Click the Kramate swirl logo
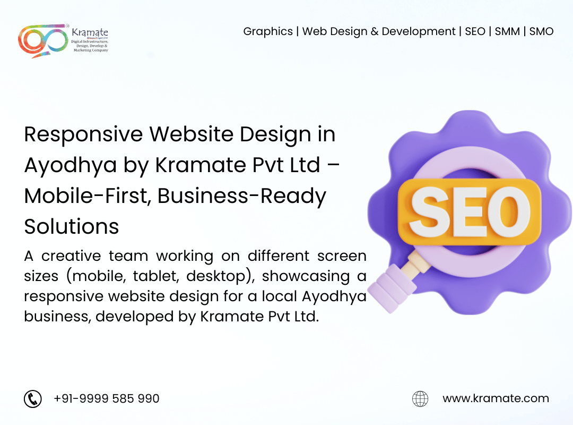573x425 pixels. (x=43, y=40)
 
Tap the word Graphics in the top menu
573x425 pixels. (x=268, y=32)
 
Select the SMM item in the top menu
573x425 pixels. (x=507, y=31)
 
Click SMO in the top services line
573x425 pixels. (x=541, y=31)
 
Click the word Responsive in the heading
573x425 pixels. (x=83, y=135)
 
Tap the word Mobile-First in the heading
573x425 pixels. (x=88, y=196)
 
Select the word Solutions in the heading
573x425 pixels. (x=72, y=227)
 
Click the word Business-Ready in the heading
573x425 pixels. (x=241, y=197)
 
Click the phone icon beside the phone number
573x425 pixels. (x=33, y=398)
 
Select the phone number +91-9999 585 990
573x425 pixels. (x=106, y=398)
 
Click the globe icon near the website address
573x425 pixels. (x=420, y=398)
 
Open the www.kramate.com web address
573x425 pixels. (x=496, y=398)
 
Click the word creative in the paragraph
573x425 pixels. (x=71, y=256)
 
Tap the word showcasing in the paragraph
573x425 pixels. (x=306, y=277)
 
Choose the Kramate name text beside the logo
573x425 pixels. (x=90, y=32)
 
